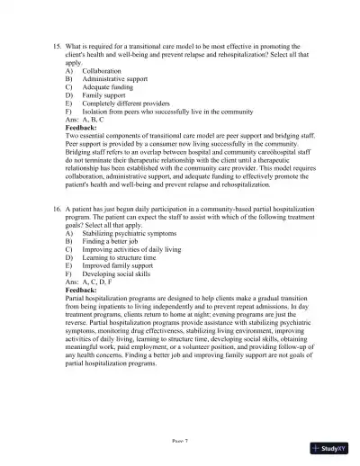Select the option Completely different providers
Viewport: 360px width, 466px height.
tap(133, 103)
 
